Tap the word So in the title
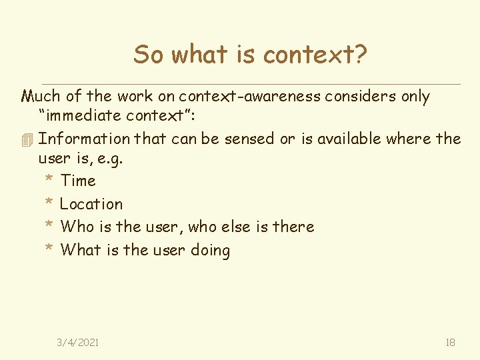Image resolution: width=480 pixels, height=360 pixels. click(148, 54)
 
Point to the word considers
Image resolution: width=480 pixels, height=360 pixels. click(361, 96)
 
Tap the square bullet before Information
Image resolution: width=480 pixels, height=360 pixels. click(27, 140)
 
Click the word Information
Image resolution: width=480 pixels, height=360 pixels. click(84, 139)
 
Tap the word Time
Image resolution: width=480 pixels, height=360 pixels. click(78, 181)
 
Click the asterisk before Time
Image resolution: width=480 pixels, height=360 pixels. click(49, 181)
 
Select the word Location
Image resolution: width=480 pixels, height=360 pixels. click(91, 204)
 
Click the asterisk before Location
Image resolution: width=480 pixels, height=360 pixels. click(49, 203)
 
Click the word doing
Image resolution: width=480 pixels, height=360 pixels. click(211, 251)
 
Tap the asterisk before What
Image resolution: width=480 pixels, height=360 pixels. click(49, 250)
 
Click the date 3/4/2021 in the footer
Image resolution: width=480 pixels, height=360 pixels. click(78, 342)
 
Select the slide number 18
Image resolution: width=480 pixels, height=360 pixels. click(450, 342)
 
